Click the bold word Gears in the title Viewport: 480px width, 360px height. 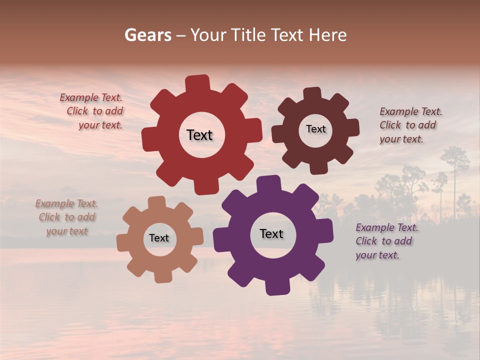pyautogui.click(x=148, y=35)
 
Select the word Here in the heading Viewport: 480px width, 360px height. pyautogui.click(x=327, y=35)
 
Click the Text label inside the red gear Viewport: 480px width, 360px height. pyautogui.click(x=199, y=135)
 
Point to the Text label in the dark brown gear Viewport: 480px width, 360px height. pyautogui.click(x=315, y=129)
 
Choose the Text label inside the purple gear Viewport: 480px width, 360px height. pyautogui.click(x=271, y=233)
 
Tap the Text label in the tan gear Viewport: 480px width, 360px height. pyautogui.click(x=159, y=238)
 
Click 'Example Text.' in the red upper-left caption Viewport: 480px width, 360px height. pyautogui.click(x=91, y=97)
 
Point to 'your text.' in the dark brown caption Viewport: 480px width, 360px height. pyautogui.click(x=401, y=139)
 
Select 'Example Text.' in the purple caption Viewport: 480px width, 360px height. pyautogui.click(x=387, y=227)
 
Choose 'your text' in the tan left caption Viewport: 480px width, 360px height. pyautogui.click(x=67, y=231)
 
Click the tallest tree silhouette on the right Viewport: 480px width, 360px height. pyautogui.click(x=455, y=165)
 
